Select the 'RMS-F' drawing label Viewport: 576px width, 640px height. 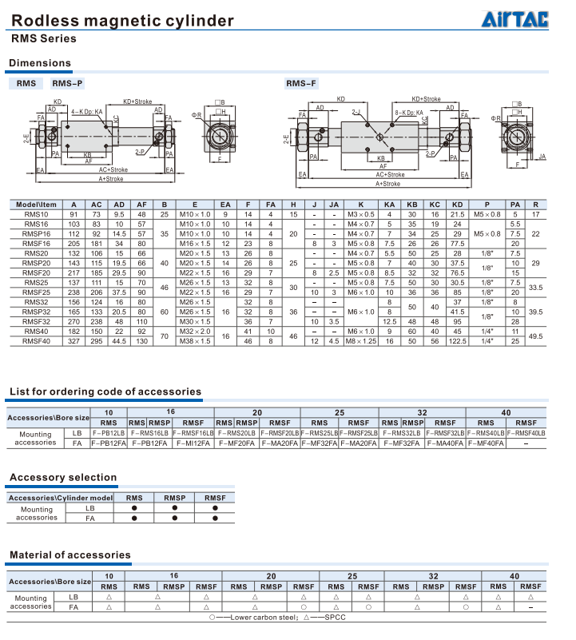coord(301,83)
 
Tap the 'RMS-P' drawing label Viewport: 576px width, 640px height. coord(67,83)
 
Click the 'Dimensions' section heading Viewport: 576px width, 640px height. coord(40,63)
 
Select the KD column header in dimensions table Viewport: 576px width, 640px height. coord(457,205)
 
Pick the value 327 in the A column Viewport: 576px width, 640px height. coord(73,339)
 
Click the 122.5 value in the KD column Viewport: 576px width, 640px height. coord(457,339)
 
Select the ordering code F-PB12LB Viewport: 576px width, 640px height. coord(109,432)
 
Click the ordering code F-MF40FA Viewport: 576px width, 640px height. coord(485,443)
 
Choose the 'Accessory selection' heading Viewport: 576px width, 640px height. coord(63,478)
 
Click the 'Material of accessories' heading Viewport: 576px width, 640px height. coord(70,555)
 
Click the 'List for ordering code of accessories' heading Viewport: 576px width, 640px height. coord(105,392)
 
